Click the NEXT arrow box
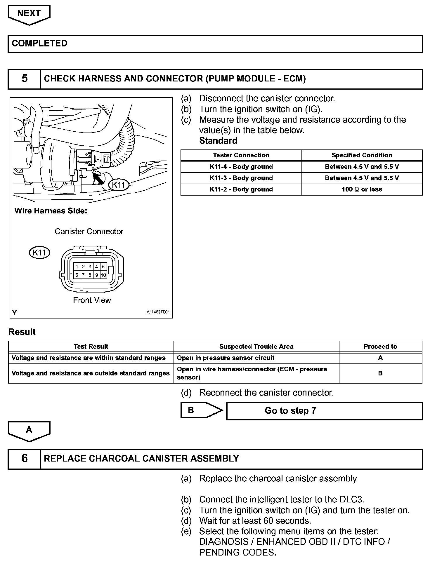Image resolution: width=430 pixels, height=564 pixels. point(29,14)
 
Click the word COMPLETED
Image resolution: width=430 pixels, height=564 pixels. point(39,43)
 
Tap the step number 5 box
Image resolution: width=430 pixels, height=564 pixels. point(25,79)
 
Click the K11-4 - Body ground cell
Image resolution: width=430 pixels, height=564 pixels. point(241,167)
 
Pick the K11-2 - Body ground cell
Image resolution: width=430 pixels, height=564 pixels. point(241,189)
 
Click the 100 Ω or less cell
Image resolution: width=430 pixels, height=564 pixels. point(362,189)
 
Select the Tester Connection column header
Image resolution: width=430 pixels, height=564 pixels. point(241,155)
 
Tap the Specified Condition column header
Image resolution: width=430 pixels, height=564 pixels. point(362,155)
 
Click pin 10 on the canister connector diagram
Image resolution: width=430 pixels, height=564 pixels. point(103,275)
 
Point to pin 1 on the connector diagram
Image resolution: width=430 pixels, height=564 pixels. point(77,267)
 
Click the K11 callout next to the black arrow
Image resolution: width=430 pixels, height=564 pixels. point(119,184)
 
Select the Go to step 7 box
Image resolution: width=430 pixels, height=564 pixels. point(324,411)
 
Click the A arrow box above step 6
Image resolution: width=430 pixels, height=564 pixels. point(29,430)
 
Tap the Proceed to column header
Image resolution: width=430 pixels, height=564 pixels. point(380,347)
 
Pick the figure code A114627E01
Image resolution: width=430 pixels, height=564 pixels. point(158,312)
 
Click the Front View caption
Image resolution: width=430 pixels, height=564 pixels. point(92,300)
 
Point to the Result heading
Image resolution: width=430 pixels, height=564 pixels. point(22,332)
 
